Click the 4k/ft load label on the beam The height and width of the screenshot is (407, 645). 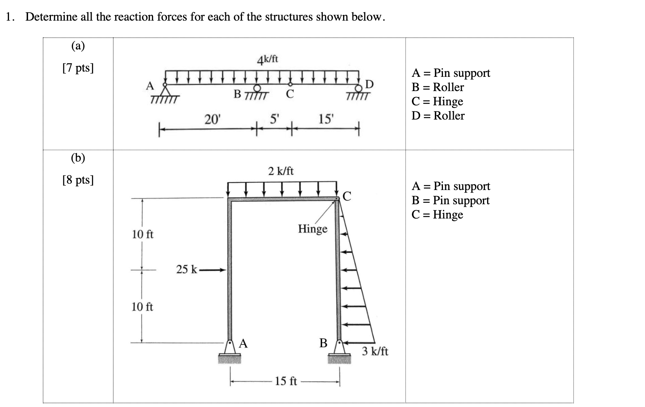coord(268,60)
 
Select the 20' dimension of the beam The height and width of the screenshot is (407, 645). coord(213,120)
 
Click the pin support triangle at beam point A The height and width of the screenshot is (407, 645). coord(165,91)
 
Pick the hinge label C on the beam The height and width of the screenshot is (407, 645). coord(290,94)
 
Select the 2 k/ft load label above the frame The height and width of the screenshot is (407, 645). coord(281,171)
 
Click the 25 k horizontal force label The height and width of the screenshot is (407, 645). coord(186,269)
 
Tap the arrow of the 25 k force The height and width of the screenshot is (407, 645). coord(213,269)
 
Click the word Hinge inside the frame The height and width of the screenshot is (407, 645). coord(312,229)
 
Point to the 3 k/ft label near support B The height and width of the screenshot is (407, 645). coord(375,352)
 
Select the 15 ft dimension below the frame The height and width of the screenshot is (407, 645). coord(286,381)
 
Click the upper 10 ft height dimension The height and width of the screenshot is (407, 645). coord(143,235)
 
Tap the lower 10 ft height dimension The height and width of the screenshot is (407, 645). coord(142,307)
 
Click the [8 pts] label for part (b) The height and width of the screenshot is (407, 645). coord(78,180)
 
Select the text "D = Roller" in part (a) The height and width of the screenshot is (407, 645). coord(438,116)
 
